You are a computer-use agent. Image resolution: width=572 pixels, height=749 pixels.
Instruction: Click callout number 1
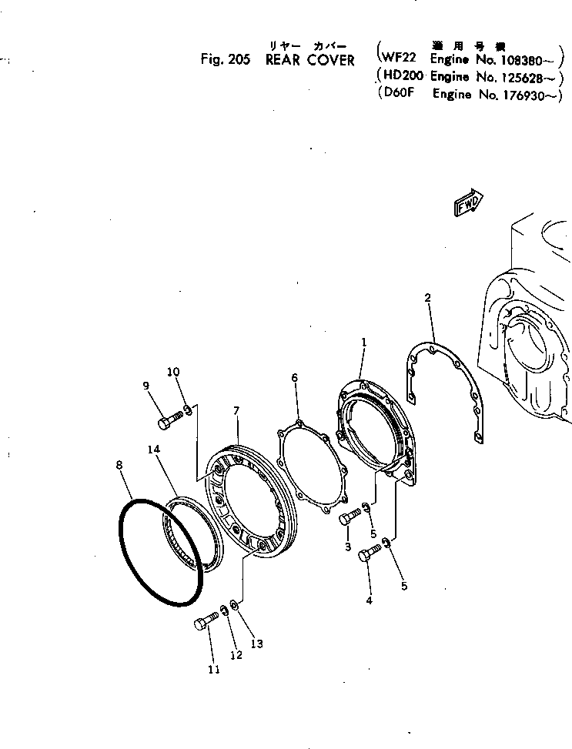pos(363,340)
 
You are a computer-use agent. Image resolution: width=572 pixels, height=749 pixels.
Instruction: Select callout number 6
pos(294,378)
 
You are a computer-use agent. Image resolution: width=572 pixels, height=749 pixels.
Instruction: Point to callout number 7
pos(236,413)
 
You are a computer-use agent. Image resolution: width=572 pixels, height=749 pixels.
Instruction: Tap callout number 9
pos(145,387)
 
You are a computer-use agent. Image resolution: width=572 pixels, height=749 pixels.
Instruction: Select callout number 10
pos(173,373)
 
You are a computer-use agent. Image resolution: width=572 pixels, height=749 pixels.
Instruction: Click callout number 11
pos(213,670)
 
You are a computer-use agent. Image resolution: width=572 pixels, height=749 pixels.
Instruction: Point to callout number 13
pos(257,644)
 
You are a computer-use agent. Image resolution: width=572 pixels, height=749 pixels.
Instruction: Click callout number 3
pos(348,547)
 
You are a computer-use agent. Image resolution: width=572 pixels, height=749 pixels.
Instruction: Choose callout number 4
pos(369,600)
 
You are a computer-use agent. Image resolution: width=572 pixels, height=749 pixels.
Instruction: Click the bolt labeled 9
pos(171,420)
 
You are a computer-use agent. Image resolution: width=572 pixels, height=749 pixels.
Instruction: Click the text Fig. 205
pos(225,60)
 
